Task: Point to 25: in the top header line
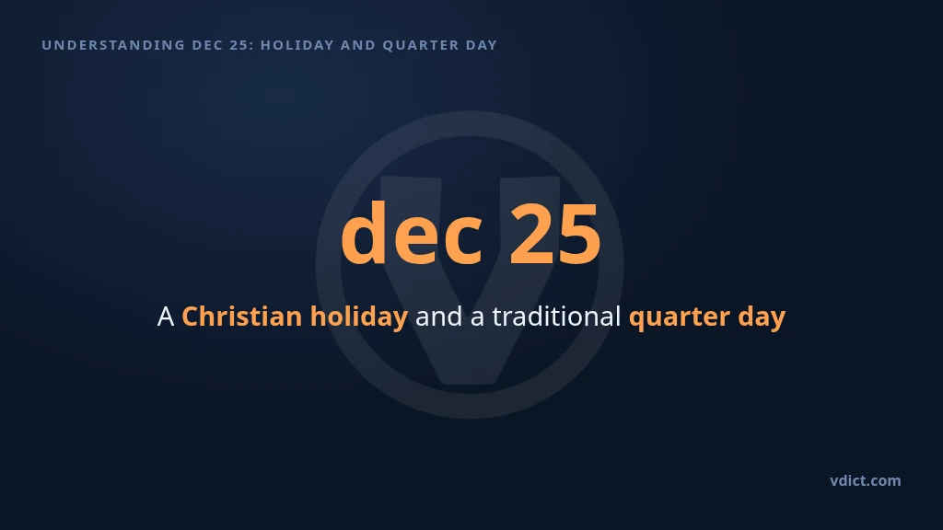242,45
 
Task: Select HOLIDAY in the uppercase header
297,45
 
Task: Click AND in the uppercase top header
358,45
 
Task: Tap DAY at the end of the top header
482,45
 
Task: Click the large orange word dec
412,234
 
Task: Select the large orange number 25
555,234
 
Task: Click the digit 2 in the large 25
531,234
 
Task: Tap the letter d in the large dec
364,233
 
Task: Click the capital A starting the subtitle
166,317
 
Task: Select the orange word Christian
242,317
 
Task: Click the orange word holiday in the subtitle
359,317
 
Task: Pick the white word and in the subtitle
439,317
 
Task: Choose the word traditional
556,317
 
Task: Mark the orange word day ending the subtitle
762,317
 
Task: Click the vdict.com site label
866,480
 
